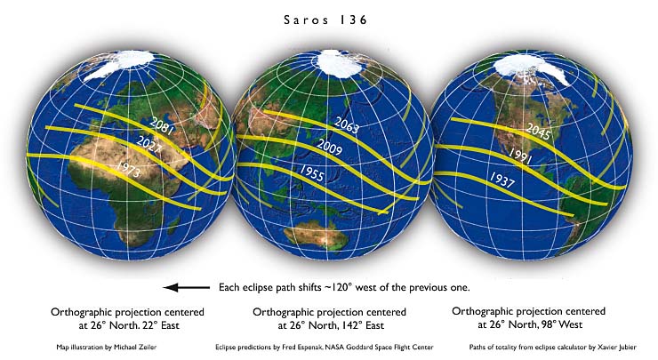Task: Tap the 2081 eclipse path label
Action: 162,124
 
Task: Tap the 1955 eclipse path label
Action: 310,172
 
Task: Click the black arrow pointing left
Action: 184,288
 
